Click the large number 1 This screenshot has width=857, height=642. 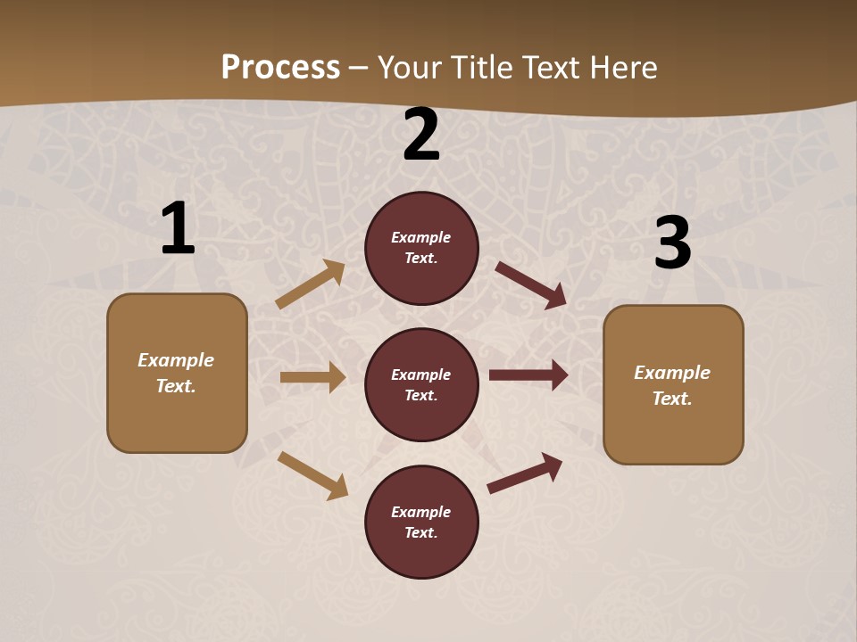pyautogui.click(x=178, y=229)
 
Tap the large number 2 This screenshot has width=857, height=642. pyautogui.click(x=421, y=135)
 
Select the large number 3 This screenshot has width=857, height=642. pyautogui.click(x=672, y=243)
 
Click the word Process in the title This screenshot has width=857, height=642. pyautogui.click(x=280, y=67)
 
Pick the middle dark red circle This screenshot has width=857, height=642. pyautogui.click(x=421, y=384)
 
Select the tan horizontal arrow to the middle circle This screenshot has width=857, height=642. pyautogui.click(x=312, y=377)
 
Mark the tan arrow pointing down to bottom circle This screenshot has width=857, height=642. pyautogui.click(x=312, y=474)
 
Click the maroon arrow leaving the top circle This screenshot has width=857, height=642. pyautogui.click(x=530, y=284)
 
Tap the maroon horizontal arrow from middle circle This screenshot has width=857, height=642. pyautogui.click(x=528, y=374)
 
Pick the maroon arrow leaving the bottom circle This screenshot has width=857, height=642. pyautogui.click(x=525, y=473)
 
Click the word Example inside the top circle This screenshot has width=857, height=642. pyautogui.click(x=420, y=237)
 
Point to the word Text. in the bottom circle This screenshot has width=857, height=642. pyautogui.click(x=420, y=532)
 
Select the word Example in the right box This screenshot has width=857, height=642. pyautogui.click(x=672, y=373)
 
